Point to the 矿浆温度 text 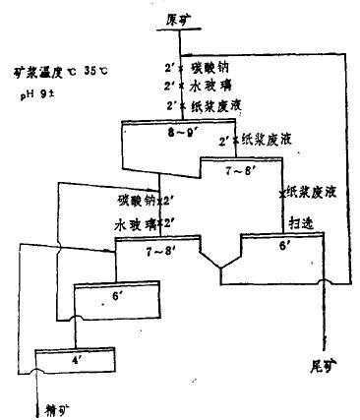pos(47,71)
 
